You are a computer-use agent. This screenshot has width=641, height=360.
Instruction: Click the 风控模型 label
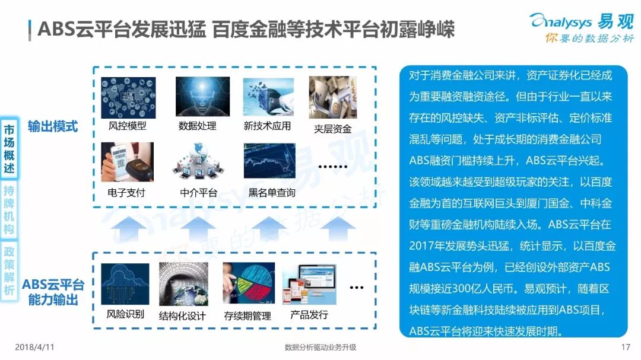tap(127, 126)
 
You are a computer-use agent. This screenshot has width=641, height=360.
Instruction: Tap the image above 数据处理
tap(202, 97)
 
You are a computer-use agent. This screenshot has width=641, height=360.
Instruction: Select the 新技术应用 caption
tap(267, 126)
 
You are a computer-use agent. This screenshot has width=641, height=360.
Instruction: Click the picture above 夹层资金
tap(333, 97)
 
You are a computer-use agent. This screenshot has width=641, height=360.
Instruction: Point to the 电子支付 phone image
tap(127, 162)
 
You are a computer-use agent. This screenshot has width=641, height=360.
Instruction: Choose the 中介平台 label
tap(199, 193)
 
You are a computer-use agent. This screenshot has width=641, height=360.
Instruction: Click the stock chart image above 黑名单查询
tap(269, 161)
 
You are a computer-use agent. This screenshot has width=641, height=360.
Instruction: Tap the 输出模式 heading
tap(53, 126)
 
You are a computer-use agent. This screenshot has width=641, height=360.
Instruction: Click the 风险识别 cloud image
tap(125, 284)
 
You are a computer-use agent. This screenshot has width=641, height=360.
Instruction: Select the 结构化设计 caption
tap(182, 316)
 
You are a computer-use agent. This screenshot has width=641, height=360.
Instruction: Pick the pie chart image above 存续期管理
tap(249, 283)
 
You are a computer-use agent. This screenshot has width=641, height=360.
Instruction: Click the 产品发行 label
tap(309, 315)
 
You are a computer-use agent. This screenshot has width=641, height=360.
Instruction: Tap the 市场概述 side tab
tap(9, 149)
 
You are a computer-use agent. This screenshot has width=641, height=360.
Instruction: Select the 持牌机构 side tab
tap(9, 209)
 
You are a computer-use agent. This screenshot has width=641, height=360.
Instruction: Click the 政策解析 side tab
tap(9, 270)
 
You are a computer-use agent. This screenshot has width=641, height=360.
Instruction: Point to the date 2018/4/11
tap(34, 348)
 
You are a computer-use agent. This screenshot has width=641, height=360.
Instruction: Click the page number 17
tap(626, 348)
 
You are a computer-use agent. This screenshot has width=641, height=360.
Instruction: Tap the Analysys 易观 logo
tap(582, 27)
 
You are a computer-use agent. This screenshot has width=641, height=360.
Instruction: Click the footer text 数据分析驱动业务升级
tap(320, 348)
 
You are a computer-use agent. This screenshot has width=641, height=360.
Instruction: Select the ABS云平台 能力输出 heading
tap(53, 292)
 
